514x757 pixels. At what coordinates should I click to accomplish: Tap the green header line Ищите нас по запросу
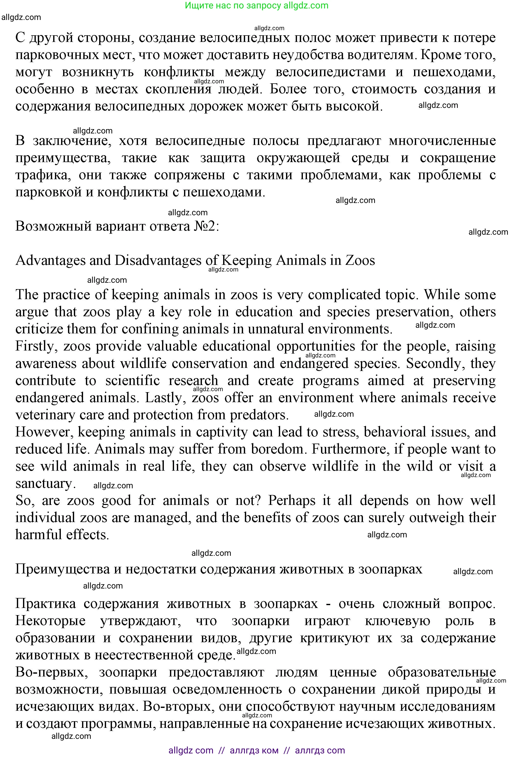pyautogui.click(x=256, y=6)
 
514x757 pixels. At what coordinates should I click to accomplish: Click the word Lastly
pyautogui.click(x=165, y=398)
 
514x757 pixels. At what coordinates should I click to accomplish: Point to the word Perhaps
pyautogui.click(x=292, y=501)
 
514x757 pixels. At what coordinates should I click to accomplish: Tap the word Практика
pyautogui.click(x=45, y=604)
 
